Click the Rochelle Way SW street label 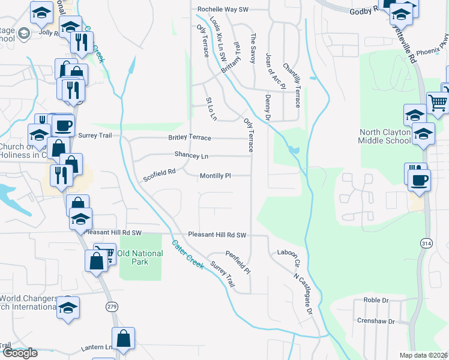coord(223,10)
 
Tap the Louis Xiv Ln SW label coord(218,43)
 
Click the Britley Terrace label coord(189,137)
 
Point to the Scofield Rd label coord(159,175)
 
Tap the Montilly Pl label coord(215,176)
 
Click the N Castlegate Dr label coord(304,293)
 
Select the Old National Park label coord(140,257)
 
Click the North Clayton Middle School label coord(385,136)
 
